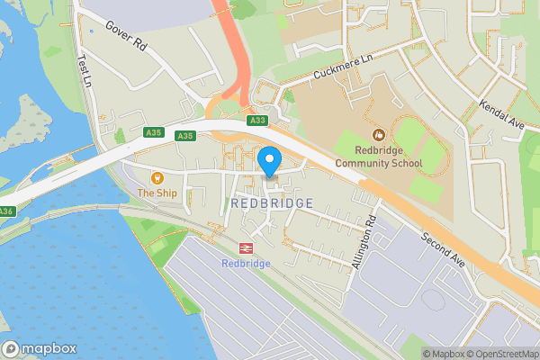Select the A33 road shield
click(x=258, y=119)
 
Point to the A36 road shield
click(x=6, y=211)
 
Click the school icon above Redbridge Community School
click(x=378, y=135)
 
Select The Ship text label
click(x=157, y=193)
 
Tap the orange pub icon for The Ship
click(x=157, y=177)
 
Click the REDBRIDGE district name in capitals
click(x=272, y=203)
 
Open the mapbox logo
click(x=40, y=349)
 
